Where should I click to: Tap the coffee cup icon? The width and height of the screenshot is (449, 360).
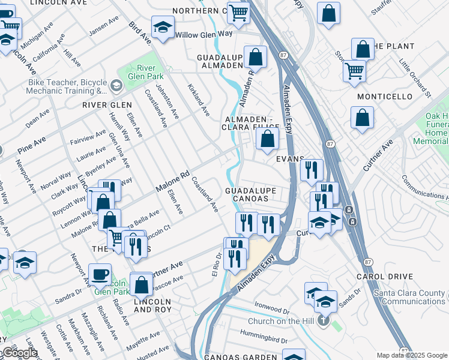100,274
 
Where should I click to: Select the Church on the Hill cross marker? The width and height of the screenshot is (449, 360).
324,320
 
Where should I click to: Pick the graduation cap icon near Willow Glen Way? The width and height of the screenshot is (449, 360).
162,27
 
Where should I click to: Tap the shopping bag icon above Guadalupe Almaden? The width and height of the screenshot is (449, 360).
256,57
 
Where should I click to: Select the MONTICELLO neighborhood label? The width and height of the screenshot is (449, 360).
385,97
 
